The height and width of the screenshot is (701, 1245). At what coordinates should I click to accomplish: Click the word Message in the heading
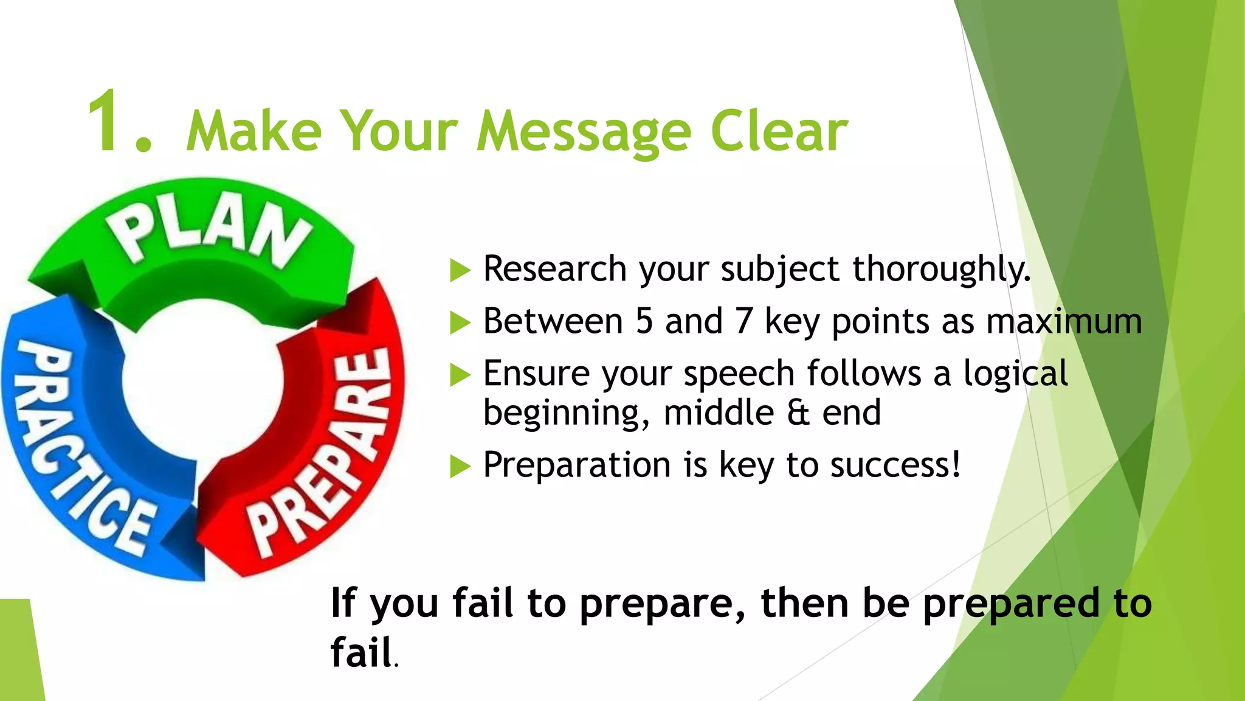tap(584, 133)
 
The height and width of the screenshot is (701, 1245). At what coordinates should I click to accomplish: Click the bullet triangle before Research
tap(460, 270)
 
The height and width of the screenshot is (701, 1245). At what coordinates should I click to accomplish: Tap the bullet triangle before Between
tap(460, 323)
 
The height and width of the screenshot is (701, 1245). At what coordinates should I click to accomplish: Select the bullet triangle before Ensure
tap(460, 375)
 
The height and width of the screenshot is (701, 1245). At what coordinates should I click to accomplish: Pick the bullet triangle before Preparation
tap(460, 467)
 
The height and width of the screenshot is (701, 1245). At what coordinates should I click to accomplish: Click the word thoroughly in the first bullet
tap(941, 269)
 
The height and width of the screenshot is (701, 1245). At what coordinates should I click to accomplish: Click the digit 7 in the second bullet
tap(743, 321)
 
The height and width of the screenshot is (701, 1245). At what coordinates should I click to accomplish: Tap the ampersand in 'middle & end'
tap(798, 413)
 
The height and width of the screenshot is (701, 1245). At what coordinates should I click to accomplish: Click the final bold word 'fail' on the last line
tap(360, 652)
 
